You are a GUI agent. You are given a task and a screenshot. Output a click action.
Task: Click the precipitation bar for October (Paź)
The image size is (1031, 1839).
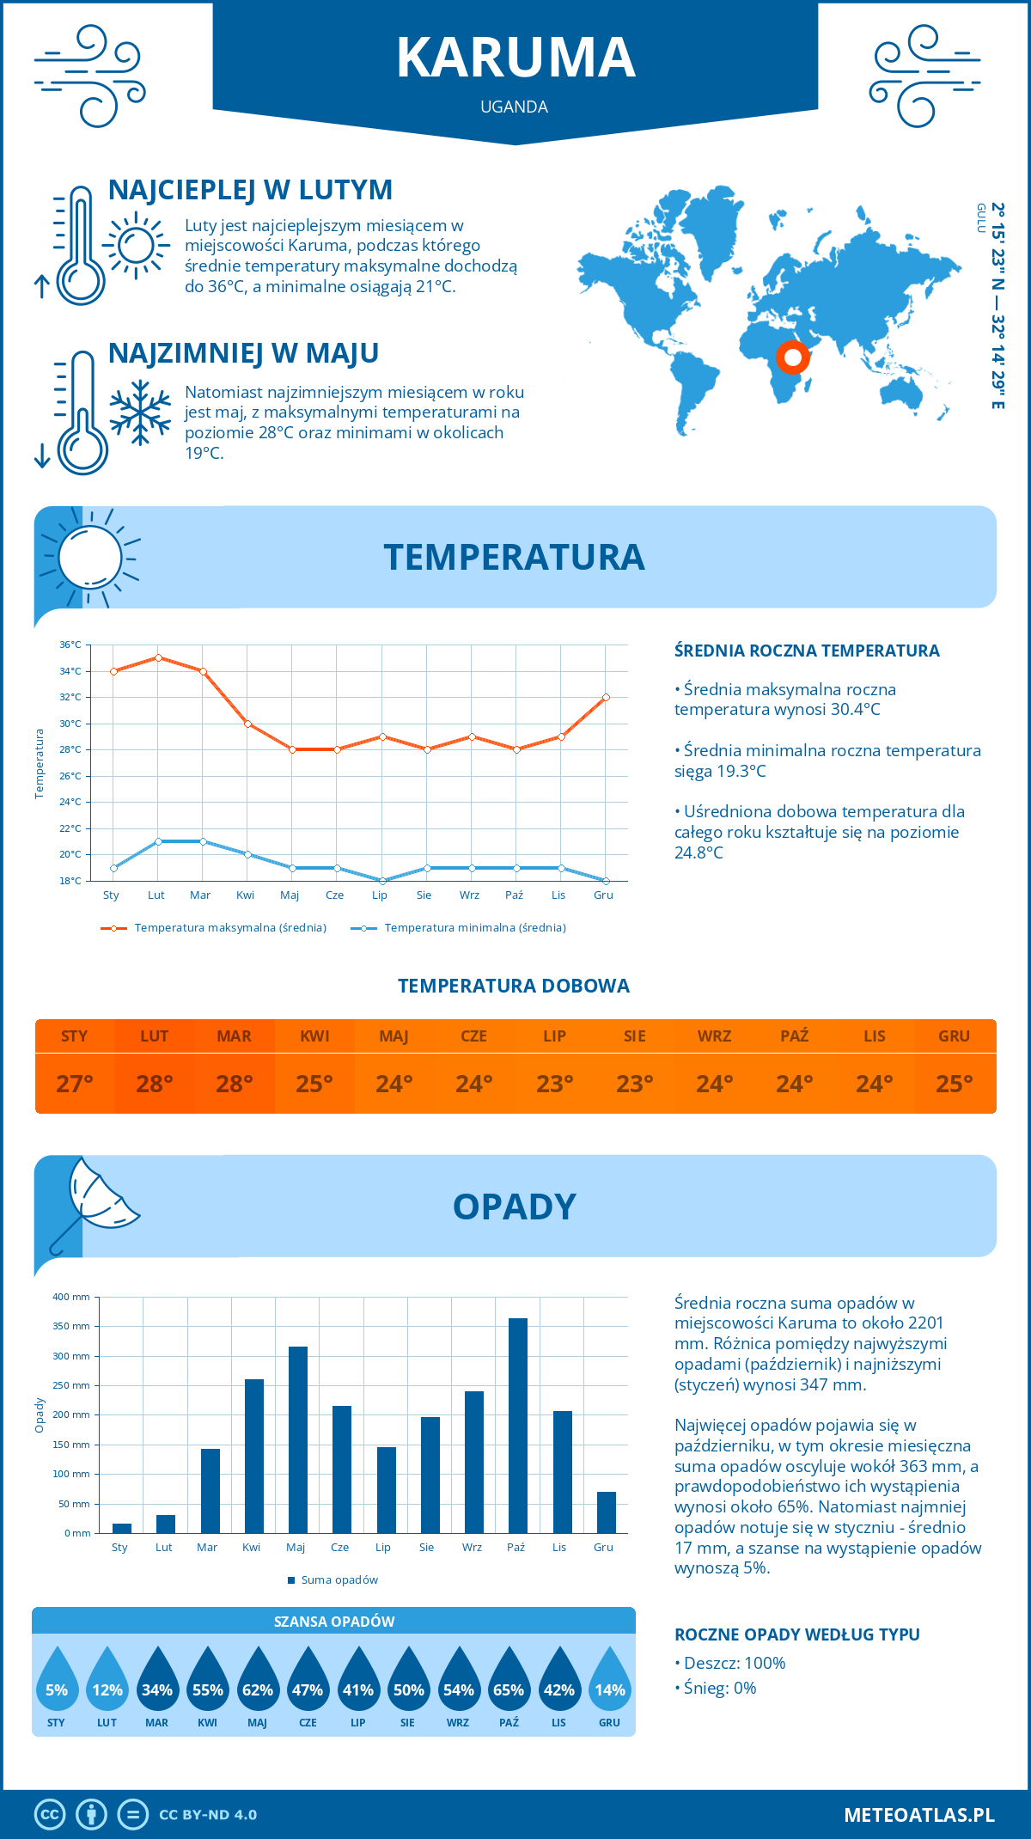tap(517, 1426)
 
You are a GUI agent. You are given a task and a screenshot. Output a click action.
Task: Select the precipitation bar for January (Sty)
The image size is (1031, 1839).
tap(122, 1528)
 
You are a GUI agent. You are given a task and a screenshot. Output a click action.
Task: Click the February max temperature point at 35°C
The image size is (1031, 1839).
tap(158, 657)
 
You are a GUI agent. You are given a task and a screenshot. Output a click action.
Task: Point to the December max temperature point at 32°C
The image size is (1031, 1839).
tap(606, 697)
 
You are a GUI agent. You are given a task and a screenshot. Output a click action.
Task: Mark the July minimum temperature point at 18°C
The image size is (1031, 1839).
tap(382, 881)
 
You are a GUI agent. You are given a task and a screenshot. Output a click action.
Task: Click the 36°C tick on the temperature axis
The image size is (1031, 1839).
tap(70, 645)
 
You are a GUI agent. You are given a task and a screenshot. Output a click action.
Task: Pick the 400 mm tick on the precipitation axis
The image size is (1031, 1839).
tap(71, 1297)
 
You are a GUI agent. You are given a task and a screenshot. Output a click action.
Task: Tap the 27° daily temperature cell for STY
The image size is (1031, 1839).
tap(75, 1084)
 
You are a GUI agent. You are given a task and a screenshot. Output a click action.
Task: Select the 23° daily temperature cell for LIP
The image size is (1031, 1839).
tap(554, 1084)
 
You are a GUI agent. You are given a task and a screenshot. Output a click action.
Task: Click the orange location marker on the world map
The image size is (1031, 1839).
tap(792, 357)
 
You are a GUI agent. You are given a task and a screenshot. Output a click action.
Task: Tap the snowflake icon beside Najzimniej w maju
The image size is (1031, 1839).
tap(140, 412)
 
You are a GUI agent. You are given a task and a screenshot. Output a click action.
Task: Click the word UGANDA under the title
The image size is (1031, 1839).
tap(515, 107)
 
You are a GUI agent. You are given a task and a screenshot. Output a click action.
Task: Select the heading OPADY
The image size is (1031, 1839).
tap(515, 1207)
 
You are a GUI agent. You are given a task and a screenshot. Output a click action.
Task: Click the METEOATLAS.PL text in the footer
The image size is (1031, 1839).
tap(919, 1815)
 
